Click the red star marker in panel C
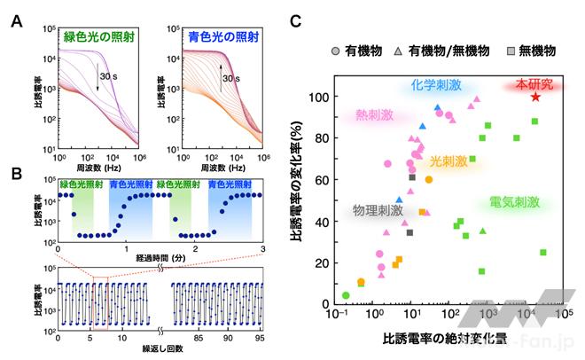[535, 97]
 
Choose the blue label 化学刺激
[436, 86]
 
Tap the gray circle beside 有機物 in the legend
[336, 51]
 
